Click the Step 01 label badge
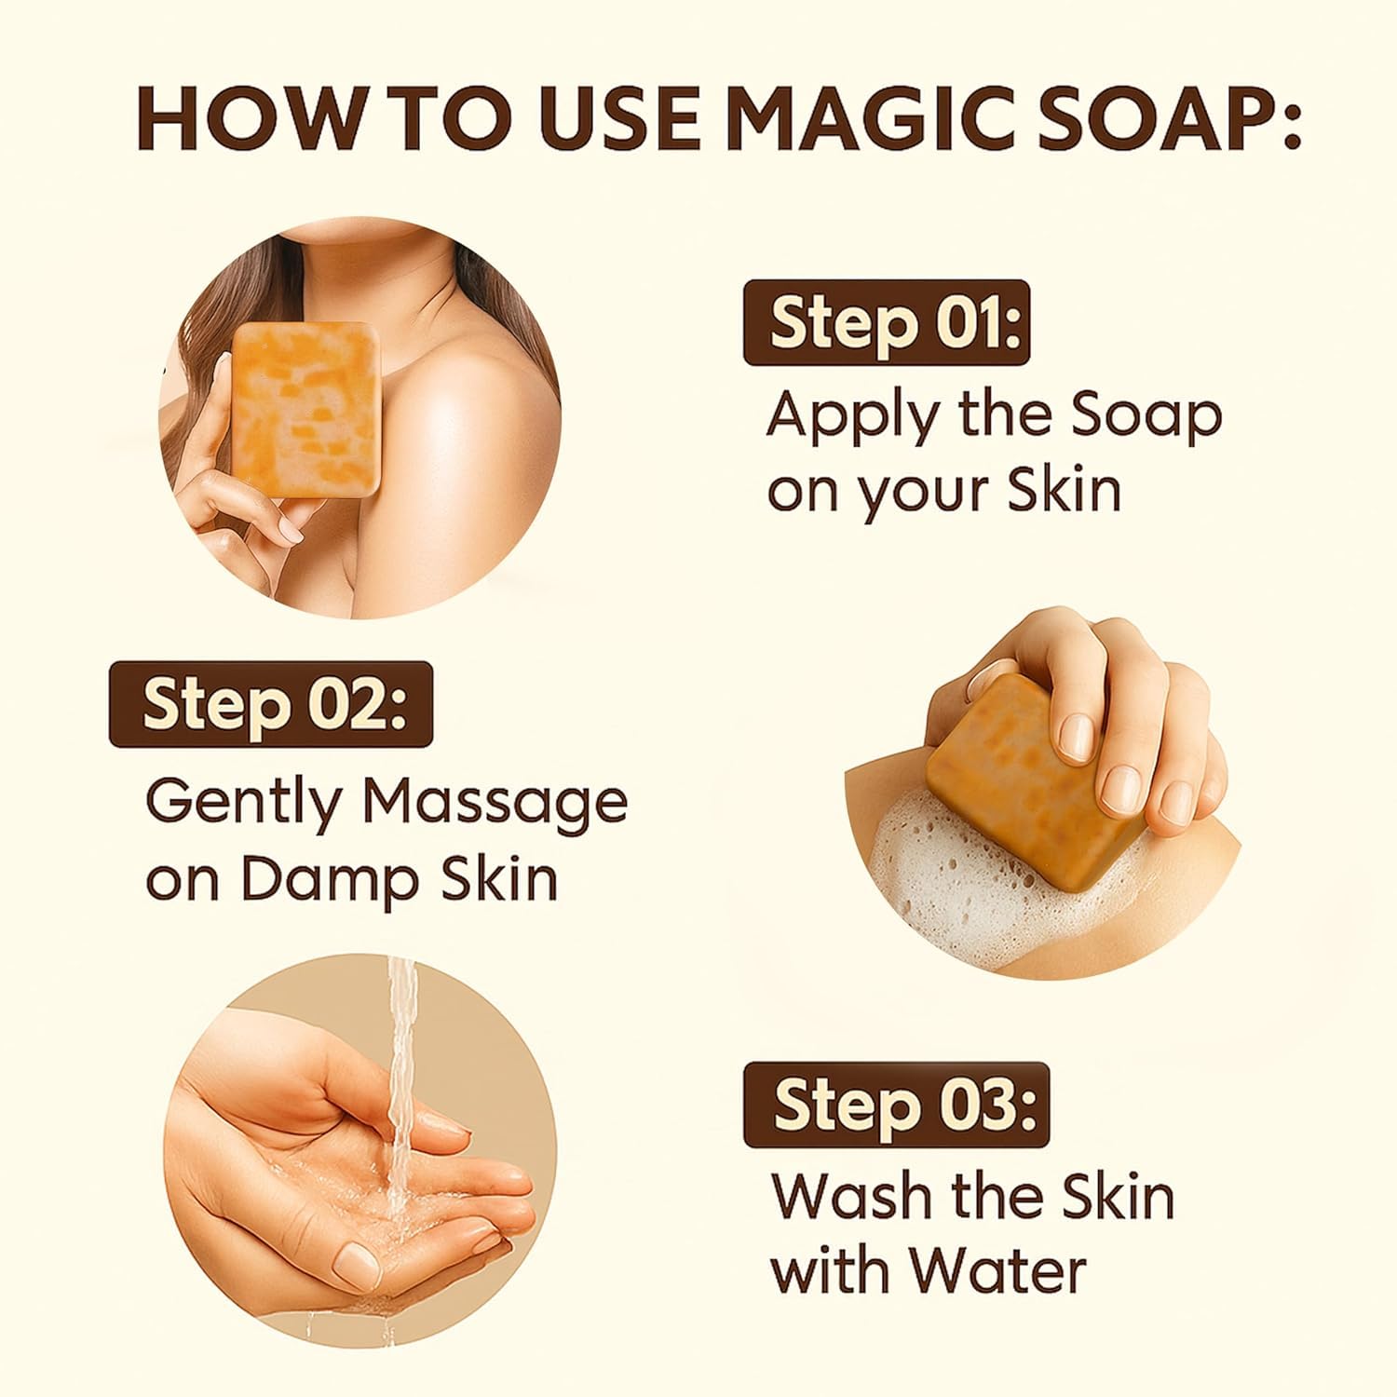coord(886,322)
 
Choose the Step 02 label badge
coord(271,704)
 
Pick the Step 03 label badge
coord(896,1105)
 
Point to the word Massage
coord(495,803)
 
